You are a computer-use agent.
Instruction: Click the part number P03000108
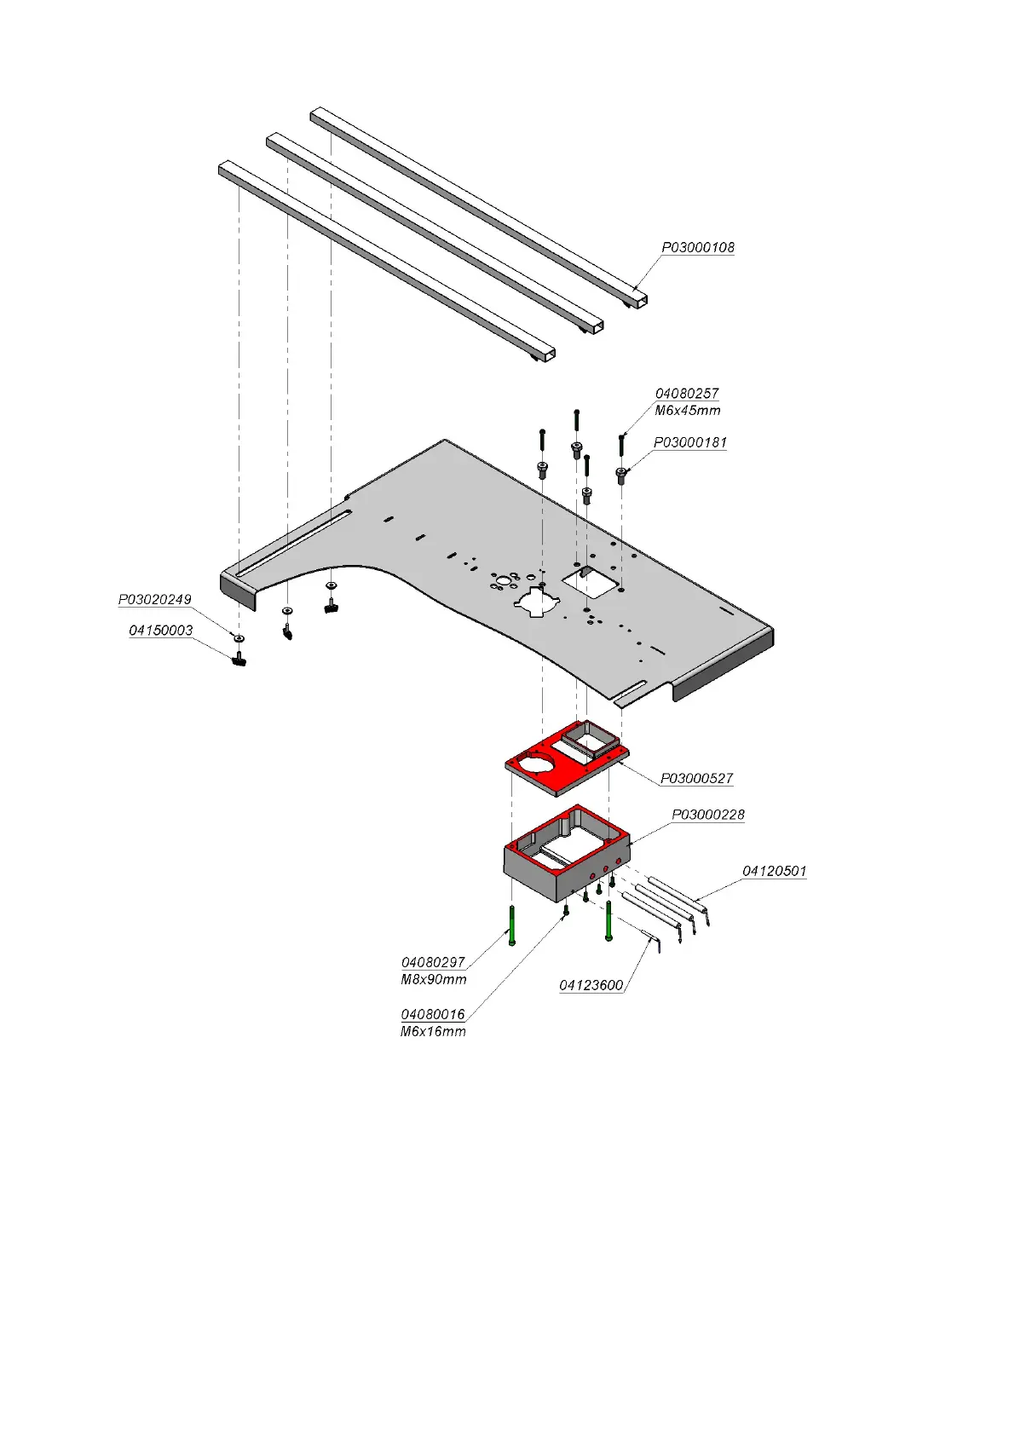click(697, 248)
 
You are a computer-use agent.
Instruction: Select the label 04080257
click(686, 394)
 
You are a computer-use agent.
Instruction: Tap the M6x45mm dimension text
click(687, 411)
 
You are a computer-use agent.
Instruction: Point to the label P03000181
click(689, 443)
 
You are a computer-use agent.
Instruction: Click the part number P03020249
click(154, 600)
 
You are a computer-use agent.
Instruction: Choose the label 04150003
click(160, 631)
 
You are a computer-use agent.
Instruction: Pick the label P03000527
click(696, 779)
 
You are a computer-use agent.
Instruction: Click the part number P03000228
click(707, 815)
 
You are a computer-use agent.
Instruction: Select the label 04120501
click(774, 871)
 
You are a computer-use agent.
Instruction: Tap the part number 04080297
click(433, 963)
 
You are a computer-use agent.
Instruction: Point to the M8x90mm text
click(433, 980)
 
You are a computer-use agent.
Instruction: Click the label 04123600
click(591, 986)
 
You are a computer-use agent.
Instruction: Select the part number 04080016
click(433, 1015)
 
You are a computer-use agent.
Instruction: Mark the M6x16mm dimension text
click(433, 1032)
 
